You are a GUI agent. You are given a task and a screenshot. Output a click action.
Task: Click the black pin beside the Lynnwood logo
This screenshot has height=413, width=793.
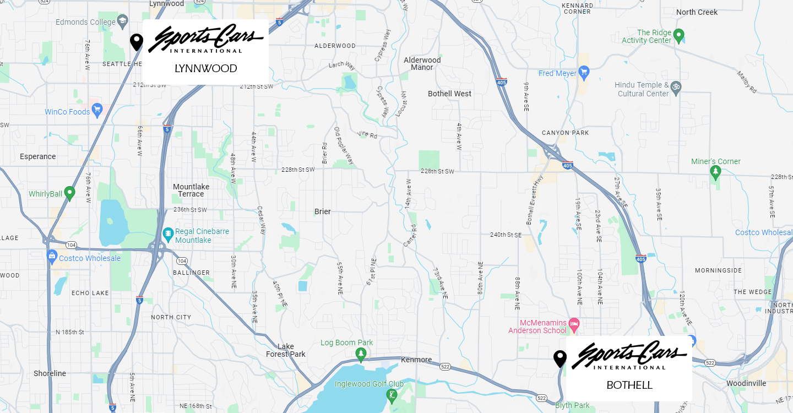click(137, 42)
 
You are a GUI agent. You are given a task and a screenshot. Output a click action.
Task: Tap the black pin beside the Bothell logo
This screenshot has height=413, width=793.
click(560, 358)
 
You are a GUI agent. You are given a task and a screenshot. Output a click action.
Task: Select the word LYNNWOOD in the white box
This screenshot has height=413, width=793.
click(205, 69)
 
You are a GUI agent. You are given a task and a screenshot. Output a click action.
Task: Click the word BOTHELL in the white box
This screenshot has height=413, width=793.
click(629, 385)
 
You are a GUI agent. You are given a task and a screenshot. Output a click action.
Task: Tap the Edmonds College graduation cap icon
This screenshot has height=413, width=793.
click(122, 22)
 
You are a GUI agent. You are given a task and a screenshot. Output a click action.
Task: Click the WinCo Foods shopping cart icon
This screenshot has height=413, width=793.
click(97, 111)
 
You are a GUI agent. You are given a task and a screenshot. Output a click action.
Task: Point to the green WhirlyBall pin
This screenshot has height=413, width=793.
click(69, 193)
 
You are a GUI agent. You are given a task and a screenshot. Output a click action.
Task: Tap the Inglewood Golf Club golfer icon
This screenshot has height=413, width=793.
click(392, 395)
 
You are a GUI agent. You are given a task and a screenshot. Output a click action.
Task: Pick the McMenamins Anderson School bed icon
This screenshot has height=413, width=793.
click(574, 323)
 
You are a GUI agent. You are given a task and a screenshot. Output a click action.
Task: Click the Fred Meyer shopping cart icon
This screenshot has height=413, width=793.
click(584, 73)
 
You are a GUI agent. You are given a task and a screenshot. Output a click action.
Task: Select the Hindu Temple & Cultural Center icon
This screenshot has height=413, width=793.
click(676, 86)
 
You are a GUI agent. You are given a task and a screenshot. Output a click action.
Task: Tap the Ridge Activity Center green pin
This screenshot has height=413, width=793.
click(679, 36)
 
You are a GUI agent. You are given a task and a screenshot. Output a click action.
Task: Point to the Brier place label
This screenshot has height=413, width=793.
click(323, 211)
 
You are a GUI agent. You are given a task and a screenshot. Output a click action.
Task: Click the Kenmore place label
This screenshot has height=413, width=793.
click(416, 360)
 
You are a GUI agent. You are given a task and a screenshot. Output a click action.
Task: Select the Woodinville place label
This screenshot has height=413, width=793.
click(746, 383)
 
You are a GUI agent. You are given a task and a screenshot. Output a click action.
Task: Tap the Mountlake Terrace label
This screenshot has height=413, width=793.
click(191, 190)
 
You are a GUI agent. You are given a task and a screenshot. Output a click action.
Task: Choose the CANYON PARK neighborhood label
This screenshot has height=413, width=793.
click(565, 133)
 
